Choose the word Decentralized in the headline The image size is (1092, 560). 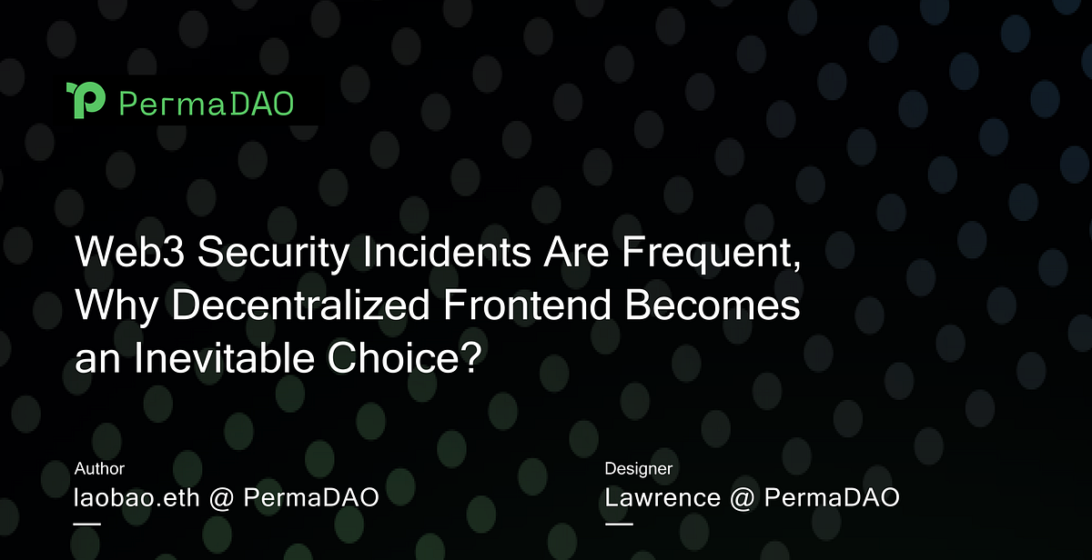point(300,307)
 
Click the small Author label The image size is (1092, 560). point(99,469)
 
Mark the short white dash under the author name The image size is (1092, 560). point(87,524)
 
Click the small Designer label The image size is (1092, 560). point(639,469)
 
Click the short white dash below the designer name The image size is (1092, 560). point(619,524)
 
